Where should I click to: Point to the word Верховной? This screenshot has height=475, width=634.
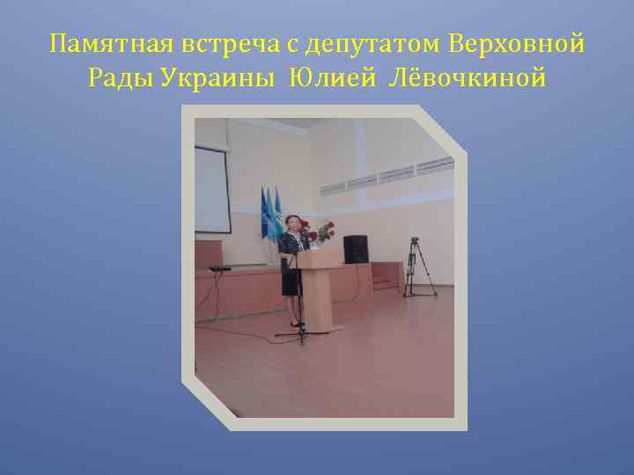[516, 42]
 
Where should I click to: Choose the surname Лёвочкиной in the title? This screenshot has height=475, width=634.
[467, 79]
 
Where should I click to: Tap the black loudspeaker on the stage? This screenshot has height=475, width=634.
[355, 249]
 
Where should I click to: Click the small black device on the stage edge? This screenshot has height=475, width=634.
[220, 267]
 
